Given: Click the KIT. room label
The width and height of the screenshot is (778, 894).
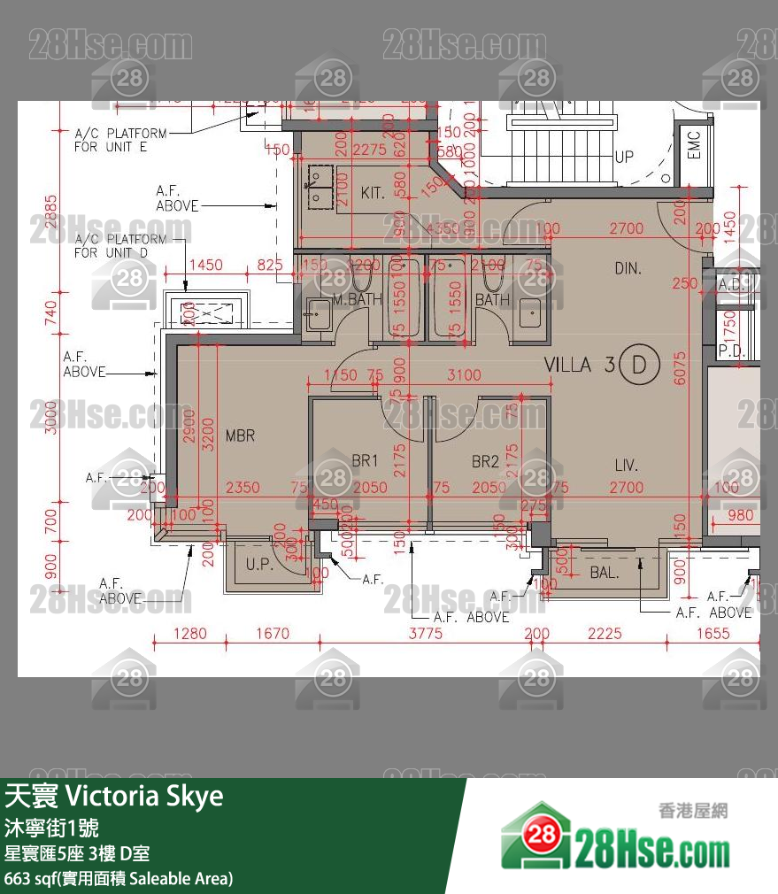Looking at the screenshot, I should click(373, 193).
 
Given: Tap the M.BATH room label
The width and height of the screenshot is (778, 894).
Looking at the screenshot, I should click(358, 300).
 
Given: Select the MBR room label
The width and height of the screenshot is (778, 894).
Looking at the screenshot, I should click(240, 435).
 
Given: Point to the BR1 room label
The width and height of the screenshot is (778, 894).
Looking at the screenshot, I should click(365, 461).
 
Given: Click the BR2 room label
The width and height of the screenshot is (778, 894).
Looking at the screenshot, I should click(485, 461).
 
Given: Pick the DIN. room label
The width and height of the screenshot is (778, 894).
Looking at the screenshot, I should click(628, 268).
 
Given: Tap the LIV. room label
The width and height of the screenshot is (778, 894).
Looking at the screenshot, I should click(627, 465).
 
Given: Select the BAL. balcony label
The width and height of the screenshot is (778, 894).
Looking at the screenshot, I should click(605, 573).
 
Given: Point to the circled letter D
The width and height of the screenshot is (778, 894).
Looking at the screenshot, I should click(640, 365).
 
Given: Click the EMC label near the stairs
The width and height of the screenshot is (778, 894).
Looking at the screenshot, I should click(693, 146).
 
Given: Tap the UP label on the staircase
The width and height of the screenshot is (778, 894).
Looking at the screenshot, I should click(624, 157).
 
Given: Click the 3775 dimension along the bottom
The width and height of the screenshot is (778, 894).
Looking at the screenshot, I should click(426, 634).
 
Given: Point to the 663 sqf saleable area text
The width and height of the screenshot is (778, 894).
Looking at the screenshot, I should click(119, 878).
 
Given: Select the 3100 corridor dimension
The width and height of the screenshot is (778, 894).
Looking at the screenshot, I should click(464, 375).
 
